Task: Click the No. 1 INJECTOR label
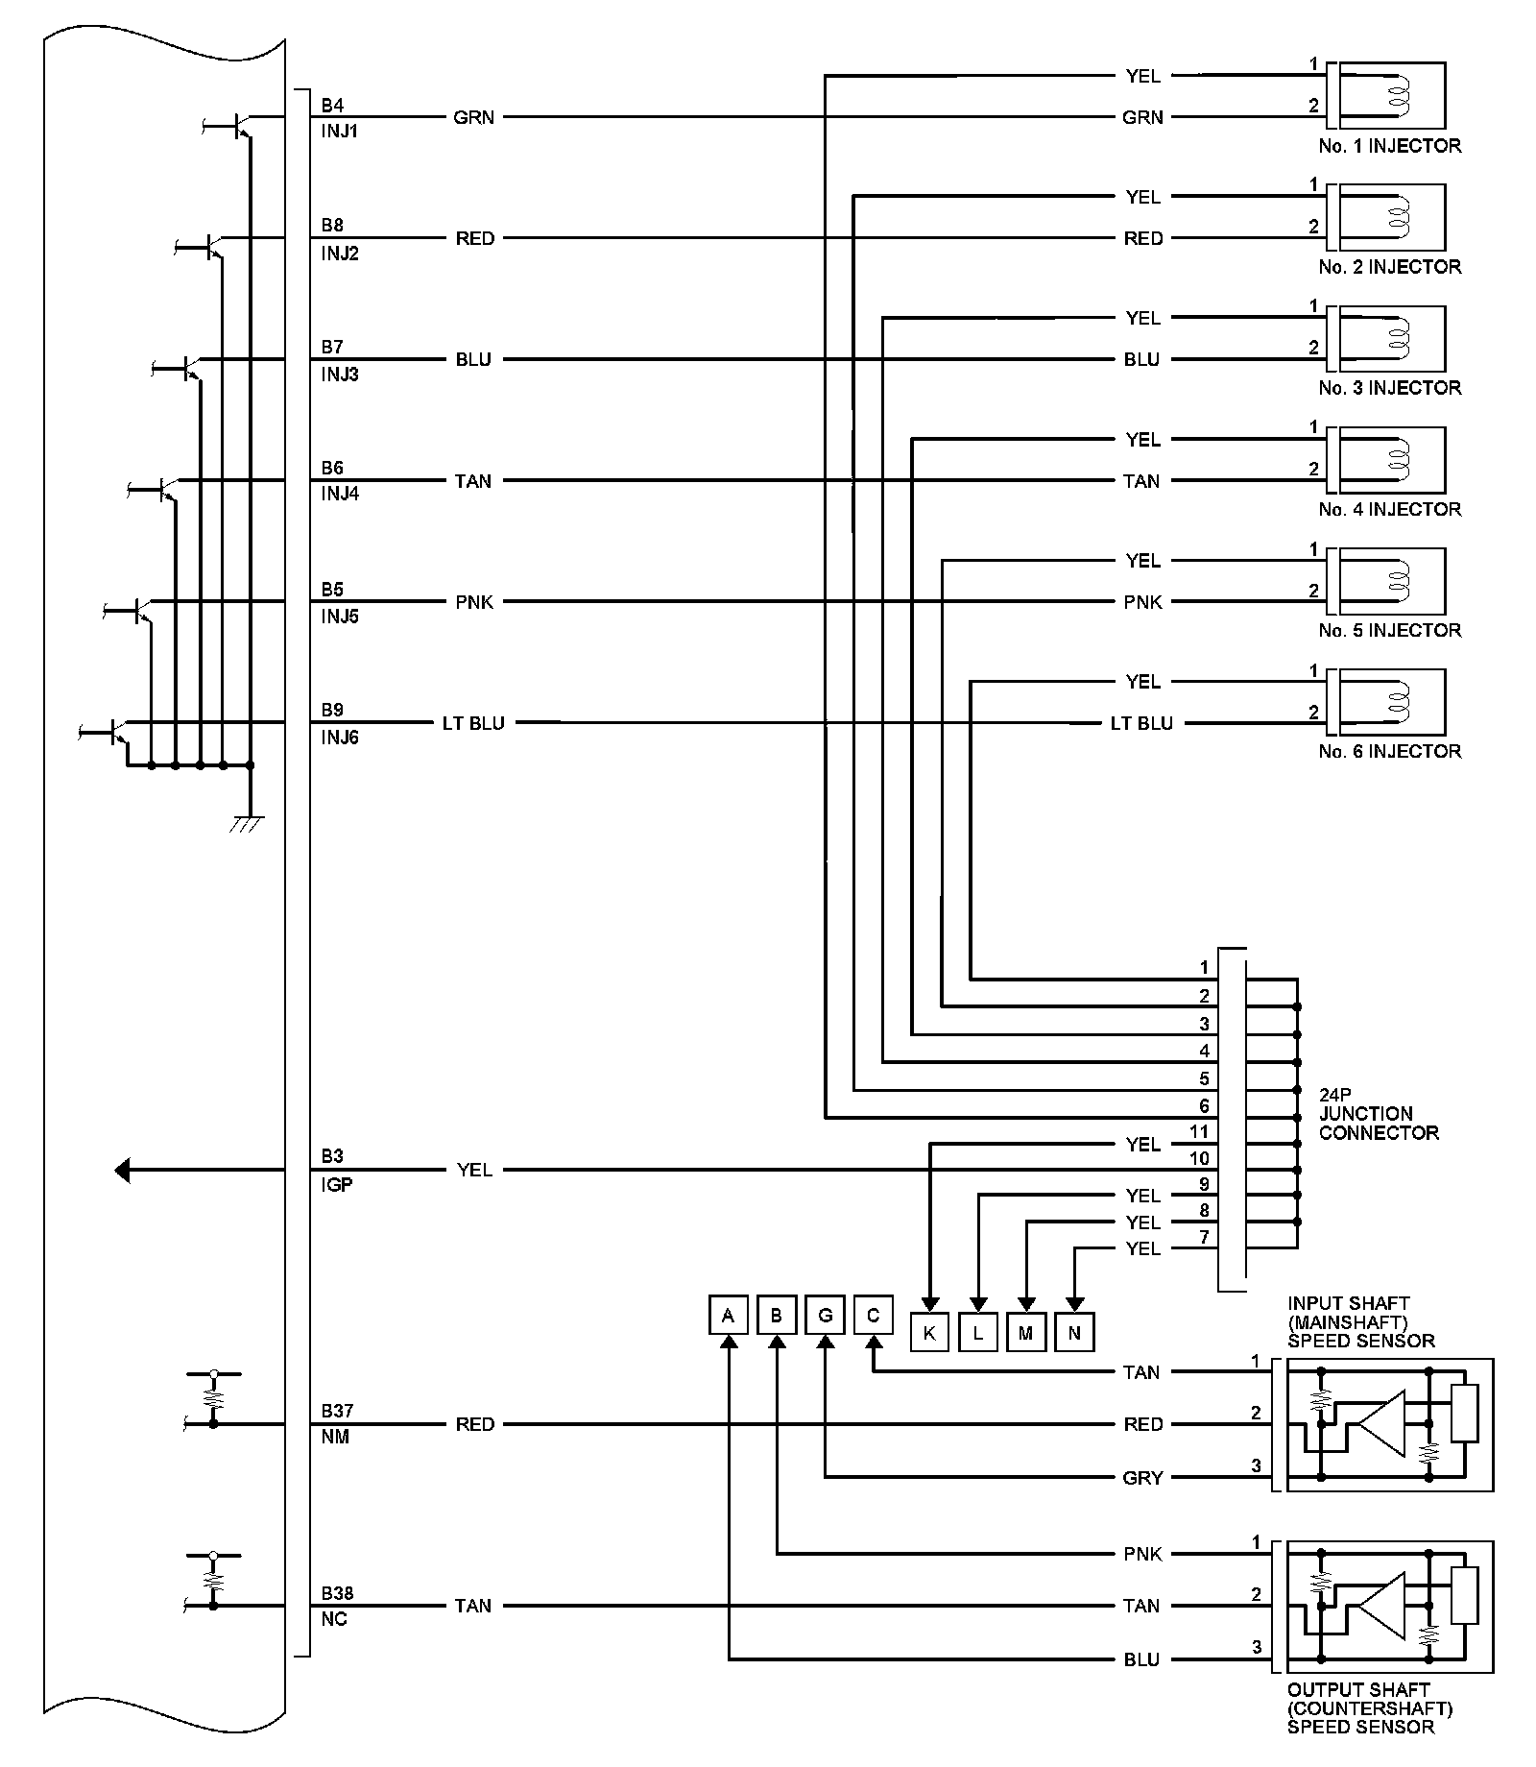pos(1389,146)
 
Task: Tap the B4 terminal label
pos(332,104)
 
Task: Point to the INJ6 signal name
pos(340,738)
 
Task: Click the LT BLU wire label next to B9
pos(473,723)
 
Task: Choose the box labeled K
pos(929,1333)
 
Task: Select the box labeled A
pos(729,1315)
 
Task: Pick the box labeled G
pos(825,1315)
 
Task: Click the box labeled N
pos(1074,1333)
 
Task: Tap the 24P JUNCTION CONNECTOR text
pos(1378,1113)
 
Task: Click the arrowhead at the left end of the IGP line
pos(122,1171)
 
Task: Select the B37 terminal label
pos(337,1411)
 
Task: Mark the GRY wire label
pos(1142,1478)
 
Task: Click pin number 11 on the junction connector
pos(1199,1132)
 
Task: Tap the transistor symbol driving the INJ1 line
pos(240,125)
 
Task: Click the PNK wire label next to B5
pos(474,602)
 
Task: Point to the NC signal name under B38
pos(334,1619)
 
